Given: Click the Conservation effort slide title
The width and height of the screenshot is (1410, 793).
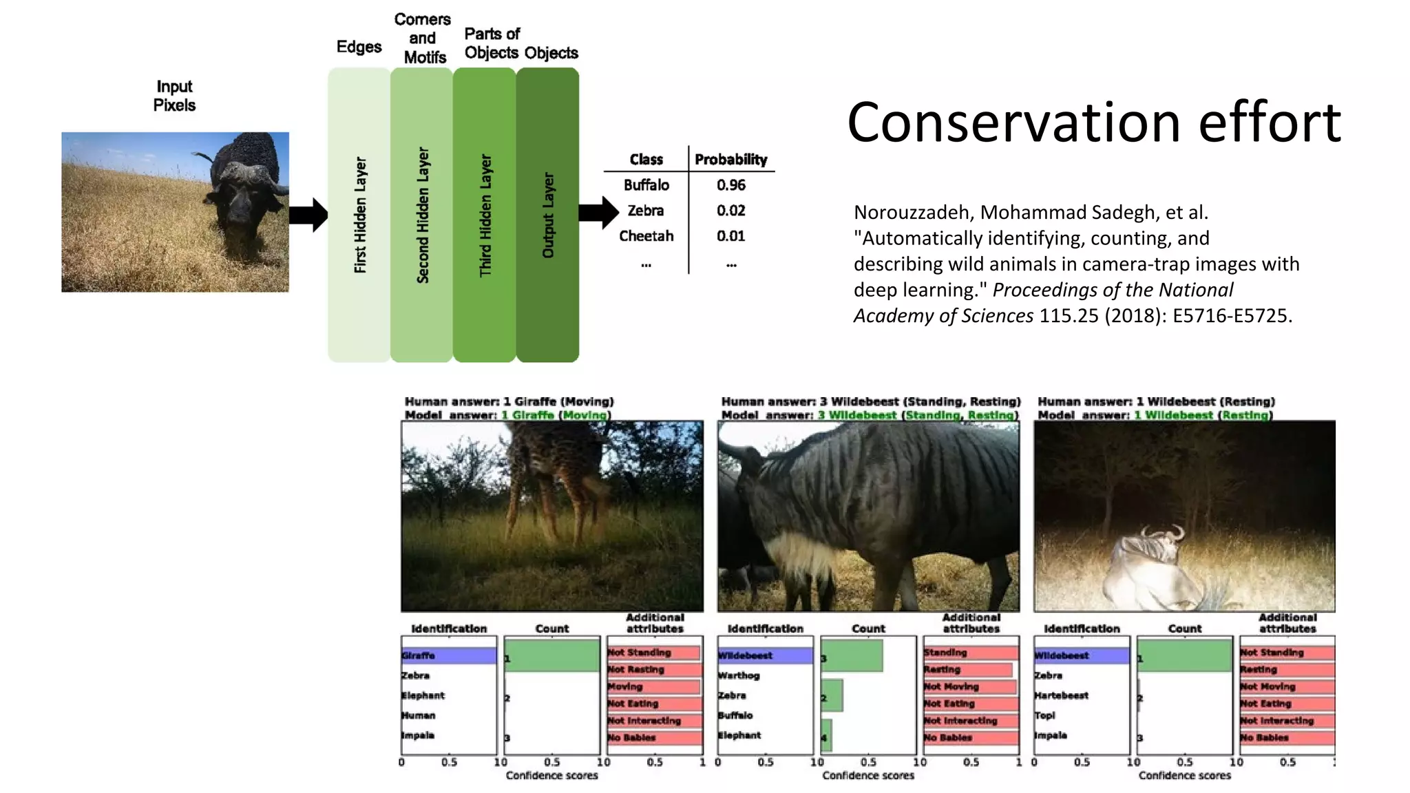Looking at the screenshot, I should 1093,123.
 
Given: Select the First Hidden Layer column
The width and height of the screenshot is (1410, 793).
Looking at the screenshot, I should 359,215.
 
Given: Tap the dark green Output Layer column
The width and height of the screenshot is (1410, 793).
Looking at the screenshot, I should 547,215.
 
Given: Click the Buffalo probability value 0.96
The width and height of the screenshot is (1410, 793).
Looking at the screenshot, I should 730,185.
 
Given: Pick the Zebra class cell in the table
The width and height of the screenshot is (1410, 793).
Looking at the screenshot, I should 645,211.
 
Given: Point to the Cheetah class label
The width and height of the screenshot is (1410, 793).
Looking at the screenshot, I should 646,236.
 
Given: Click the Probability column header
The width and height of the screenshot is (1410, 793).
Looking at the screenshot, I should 730,160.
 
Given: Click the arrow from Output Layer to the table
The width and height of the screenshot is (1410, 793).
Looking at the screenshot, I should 598,212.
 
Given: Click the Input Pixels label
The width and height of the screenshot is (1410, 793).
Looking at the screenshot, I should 174,96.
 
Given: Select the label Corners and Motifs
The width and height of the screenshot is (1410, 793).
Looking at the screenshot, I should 423,39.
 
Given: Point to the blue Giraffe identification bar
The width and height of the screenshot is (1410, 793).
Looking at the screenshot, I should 449,655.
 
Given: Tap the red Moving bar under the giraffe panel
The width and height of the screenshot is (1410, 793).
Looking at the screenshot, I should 653,686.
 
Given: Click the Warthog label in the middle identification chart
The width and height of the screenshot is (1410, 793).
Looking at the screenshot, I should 739,675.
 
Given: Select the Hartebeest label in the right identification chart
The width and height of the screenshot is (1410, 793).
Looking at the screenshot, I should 1061,695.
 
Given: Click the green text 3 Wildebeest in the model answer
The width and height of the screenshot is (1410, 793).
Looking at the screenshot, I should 857,415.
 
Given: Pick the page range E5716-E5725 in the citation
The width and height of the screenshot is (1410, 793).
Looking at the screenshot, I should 1232,315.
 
